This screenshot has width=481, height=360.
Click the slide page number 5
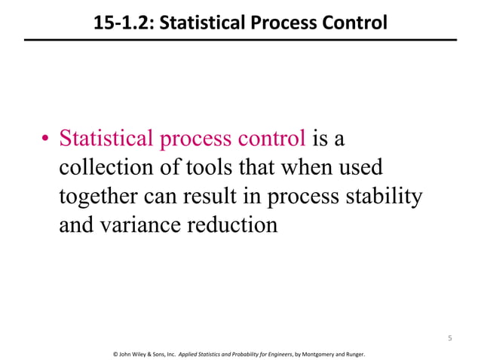449,338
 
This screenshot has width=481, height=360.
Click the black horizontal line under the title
240,39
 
